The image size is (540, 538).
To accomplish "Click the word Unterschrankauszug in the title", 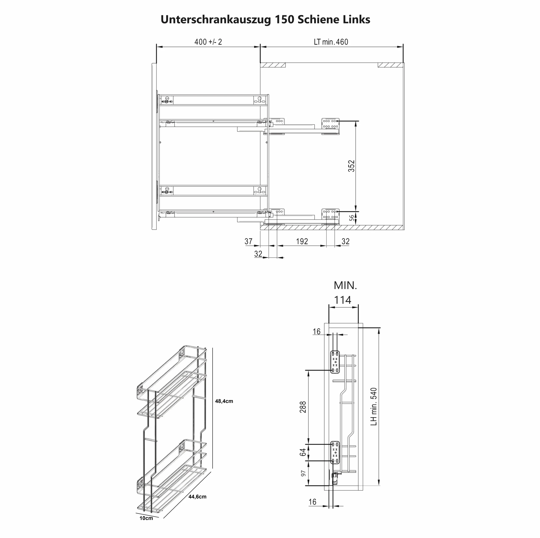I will pyautogui.click(x=216, y=20).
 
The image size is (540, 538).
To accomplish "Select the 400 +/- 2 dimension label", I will pyautogui.click(x=208, y=42).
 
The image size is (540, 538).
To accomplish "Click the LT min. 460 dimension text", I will pyautogui.click(x=331, y=42).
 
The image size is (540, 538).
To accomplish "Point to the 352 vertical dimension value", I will pyautogui.click(x=351, y=166).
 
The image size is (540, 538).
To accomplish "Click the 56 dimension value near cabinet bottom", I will pyautogui.click(x=352, y=218).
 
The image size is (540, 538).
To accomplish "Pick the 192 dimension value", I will pyautogui.click(x=302, y=241).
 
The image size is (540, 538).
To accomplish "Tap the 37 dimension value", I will pyautogui.click(x=248, y=241).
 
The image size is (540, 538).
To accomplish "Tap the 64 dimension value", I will pyautogui.click(x=303, y=452).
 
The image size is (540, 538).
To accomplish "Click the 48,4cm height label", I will pyautogui.click(x=224, y=401).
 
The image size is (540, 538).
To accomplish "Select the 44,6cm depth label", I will pyautogui.click(x=197, y=497).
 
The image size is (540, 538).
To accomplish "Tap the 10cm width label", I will pyautogui.click(x=146, y=518).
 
